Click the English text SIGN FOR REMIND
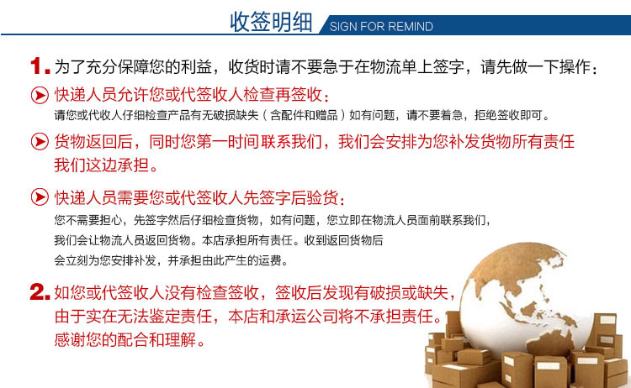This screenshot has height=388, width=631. point(381,27)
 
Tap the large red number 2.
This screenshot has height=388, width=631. point(40,292)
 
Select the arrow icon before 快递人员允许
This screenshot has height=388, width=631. point(39,95)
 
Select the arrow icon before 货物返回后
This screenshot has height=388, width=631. point(39,142)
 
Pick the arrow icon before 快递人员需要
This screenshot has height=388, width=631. point(39,198)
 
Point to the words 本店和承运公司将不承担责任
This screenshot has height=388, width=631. point(336,317)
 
